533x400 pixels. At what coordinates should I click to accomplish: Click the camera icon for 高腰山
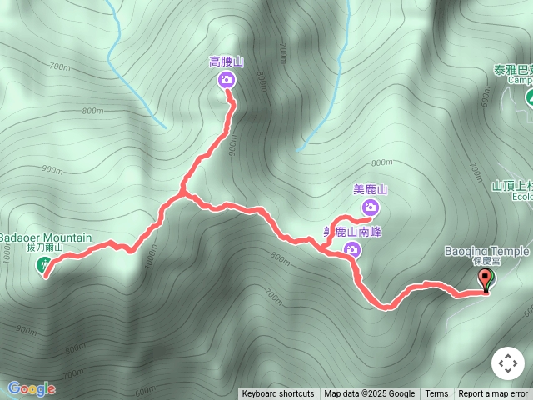[x=227, y=80]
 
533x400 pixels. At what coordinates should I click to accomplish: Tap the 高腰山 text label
[x=227, y=62]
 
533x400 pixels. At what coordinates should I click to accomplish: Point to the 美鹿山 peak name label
[x=371, y=190]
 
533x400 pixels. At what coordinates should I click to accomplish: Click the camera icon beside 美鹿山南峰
[x=352, y=248]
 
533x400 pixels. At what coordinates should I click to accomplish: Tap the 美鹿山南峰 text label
[x=352, y=232]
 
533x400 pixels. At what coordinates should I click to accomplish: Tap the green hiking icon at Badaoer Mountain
[x=44, y=265]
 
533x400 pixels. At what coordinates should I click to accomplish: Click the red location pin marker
[x=486, y=280]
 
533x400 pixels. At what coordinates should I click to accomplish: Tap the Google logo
[x=32, y=388]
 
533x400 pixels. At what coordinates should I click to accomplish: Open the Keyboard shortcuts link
[x=278, y=394]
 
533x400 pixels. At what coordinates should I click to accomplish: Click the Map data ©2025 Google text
[x=369, y=394]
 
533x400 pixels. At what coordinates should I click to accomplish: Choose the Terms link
[x=436, y=394]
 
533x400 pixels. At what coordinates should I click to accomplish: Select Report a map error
[x=493, y=394]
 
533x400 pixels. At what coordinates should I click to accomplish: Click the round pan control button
[x=508, y=363]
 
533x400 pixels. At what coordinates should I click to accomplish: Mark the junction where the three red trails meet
[x=182, y=195]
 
